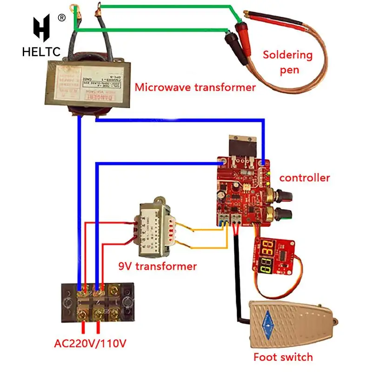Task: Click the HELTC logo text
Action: coord(41,52)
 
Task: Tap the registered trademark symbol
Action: coord(61,18)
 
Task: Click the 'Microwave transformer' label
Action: coord(195,87)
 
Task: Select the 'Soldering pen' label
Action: coord(287,62)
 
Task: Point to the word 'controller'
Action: coord(305,178)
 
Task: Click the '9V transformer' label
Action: coord(157,266)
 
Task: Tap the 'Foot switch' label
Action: coord(283,357)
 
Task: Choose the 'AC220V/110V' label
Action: coord(90,344)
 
